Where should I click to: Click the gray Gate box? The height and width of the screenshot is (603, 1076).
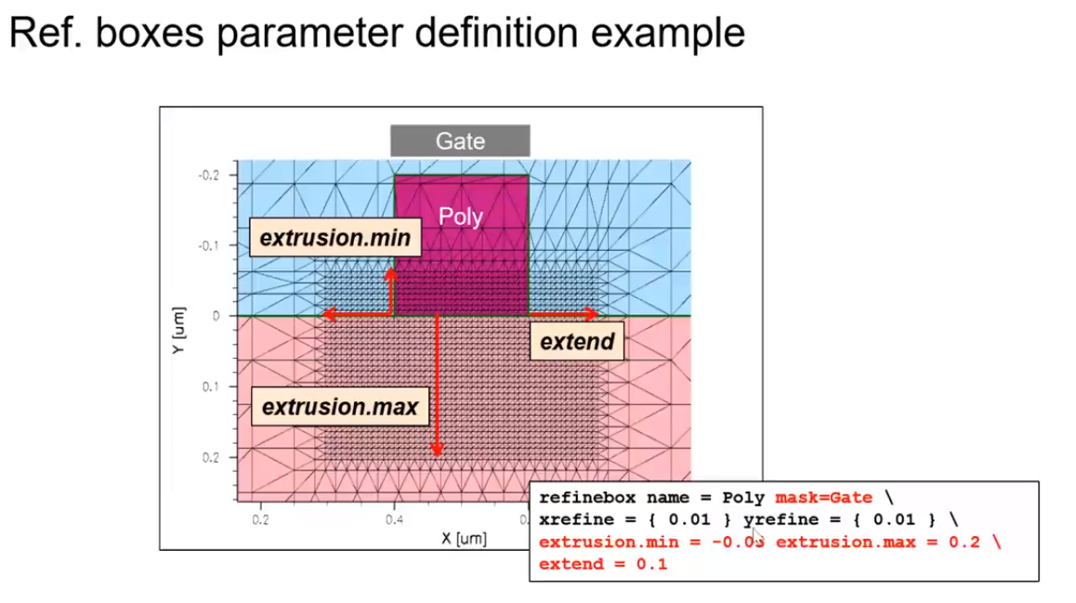point(460,141)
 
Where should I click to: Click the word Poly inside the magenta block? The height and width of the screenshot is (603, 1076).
point(461,216)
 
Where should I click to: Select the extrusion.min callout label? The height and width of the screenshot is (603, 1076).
point(335,239)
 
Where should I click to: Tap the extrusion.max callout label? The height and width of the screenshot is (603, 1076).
point(339,407)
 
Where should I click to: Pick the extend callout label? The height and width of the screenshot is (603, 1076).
point(577,342)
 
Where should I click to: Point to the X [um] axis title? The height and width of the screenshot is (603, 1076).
point(464,539)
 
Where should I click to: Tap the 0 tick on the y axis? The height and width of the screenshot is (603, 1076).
point(217,316)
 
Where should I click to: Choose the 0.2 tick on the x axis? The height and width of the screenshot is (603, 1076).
point(260,520)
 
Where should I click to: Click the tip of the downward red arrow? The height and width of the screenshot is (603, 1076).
point(437,454)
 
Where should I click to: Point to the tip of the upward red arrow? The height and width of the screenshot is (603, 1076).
point(392,270)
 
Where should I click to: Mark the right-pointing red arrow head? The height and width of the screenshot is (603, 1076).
point(593,316)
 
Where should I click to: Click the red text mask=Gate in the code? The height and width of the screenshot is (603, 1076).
point(823,498)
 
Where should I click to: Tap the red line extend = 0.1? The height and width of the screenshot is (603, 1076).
point(602,564)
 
